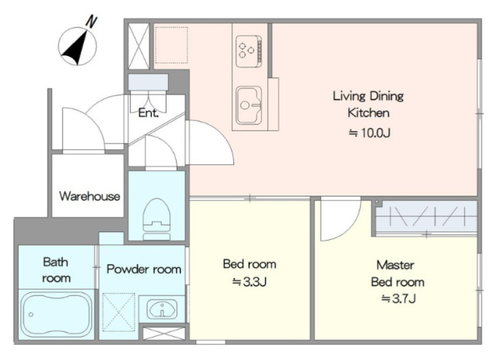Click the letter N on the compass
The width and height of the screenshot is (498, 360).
click(91, 22)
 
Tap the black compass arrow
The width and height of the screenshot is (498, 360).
click(76, 48)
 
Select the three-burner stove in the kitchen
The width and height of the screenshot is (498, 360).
click(249, 51)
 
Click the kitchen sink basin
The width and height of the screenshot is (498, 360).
click(249, 105)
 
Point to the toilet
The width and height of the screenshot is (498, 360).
click(157, 219)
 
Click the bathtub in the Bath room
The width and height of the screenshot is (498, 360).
click(56, 315)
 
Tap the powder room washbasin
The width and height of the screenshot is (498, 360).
click(162, 309)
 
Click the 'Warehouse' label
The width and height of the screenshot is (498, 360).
click(89, 196)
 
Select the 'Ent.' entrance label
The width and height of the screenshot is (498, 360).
click(148, 113)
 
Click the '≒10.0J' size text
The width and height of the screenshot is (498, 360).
click(369, 132)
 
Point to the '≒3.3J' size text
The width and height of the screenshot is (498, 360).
click(249, 281)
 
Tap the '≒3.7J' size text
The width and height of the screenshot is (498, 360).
click(398, 298)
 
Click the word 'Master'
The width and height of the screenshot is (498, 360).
click(395, 265)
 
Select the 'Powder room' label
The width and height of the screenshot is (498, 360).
click(144, 269)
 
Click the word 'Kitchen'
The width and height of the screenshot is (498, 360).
click(369, 113)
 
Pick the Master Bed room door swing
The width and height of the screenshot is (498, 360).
click(340, 219)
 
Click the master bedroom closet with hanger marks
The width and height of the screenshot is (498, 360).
click(426, 217)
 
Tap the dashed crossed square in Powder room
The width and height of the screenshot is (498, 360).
click(119, 312)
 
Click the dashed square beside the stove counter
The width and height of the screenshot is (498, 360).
click(171, 45)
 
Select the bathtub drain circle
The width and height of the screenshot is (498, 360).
click(31, 315)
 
